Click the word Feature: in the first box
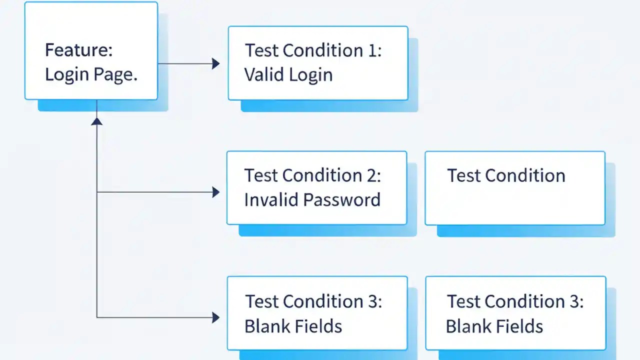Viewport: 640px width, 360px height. (78, 50)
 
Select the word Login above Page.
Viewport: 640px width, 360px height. (67, 75)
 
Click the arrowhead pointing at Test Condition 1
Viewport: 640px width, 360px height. (215, 63)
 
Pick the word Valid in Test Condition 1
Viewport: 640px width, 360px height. (262, 75)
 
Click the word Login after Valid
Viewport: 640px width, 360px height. (310, 75)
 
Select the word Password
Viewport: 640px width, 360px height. (342, 200)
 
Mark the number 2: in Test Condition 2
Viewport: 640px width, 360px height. (372, 175)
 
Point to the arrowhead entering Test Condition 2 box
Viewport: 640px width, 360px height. (215, 192)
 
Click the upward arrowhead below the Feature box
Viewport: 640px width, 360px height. (96, 121)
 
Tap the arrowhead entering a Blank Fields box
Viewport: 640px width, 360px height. (215, 317)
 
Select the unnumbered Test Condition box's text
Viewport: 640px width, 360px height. (506, 175)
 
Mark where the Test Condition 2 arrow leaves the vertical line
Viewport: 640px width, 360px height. (96, 192)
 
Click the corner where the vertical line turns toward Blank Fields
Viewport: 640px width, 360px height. (96, 317)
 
